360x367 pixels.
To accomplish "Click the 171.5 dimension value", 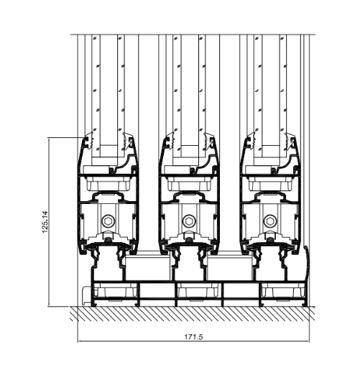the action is click(193, 337).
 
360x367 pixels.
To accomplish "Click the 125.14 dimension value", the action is click(45, 222).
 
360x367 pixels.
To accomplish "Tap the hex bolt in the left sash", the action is click(108, 220).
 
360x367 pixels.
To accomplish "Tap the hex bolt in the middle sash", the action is click(189, 220).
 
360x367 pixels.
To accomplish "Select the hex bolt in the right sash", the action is click(270, 220).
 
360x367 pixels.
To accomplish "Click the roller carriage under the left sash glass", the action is click(109, 183).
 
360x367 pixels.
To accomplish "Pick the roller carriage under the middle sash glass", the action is click(190, 183).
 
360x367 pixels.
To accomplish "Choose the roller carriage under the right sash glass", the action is click(271, 183).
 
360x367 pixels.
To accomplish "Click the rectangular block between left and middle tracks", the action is click(148, 268).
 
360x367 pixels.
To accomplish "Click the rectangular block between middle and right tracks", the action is click(229, 268).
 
